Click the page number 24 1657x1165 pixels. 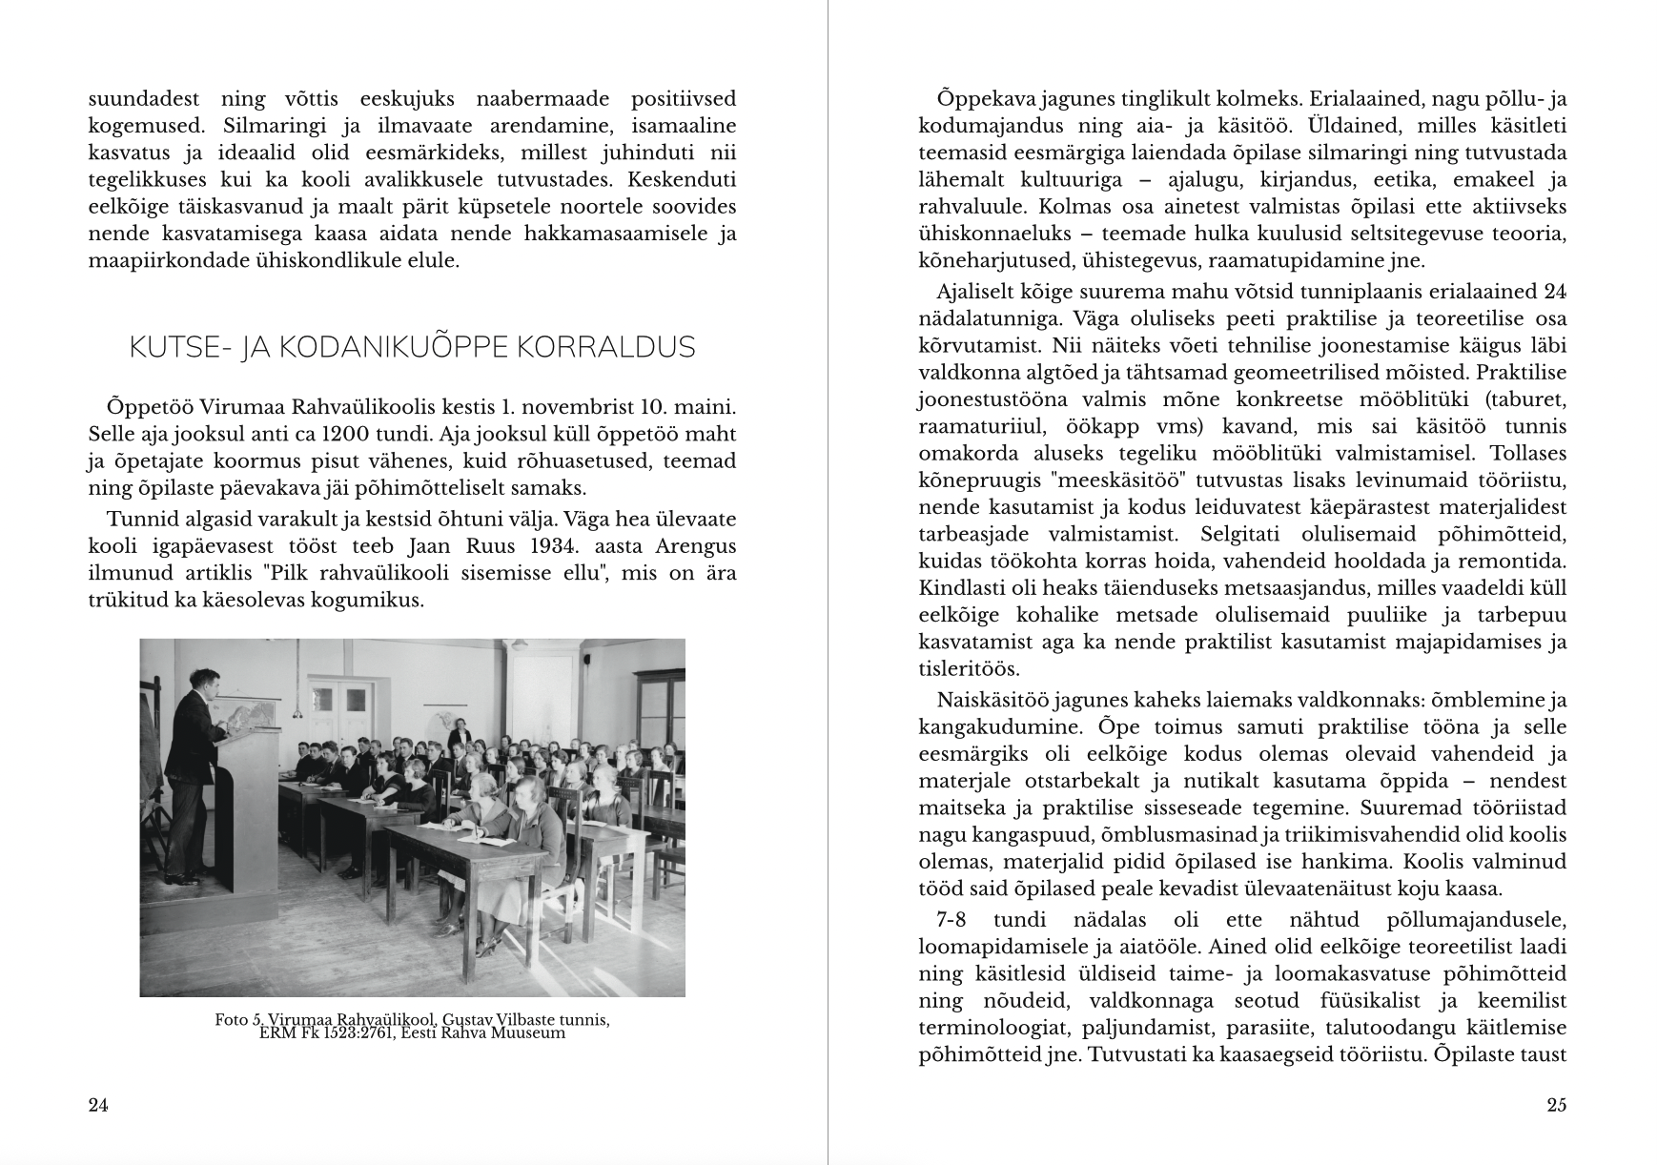(98, 1105)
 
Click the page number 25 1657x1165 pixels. (1556, 1105)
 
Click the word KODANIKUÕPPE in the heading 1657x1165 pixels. (378, 348)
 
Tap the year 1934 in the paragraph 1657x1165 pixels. (569, 547)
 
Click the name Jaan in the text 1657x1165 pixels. (429, 547)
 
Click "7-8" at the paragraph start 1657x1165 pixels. (953, 921)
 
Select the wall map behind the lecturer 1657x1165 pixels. (247, 710)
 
